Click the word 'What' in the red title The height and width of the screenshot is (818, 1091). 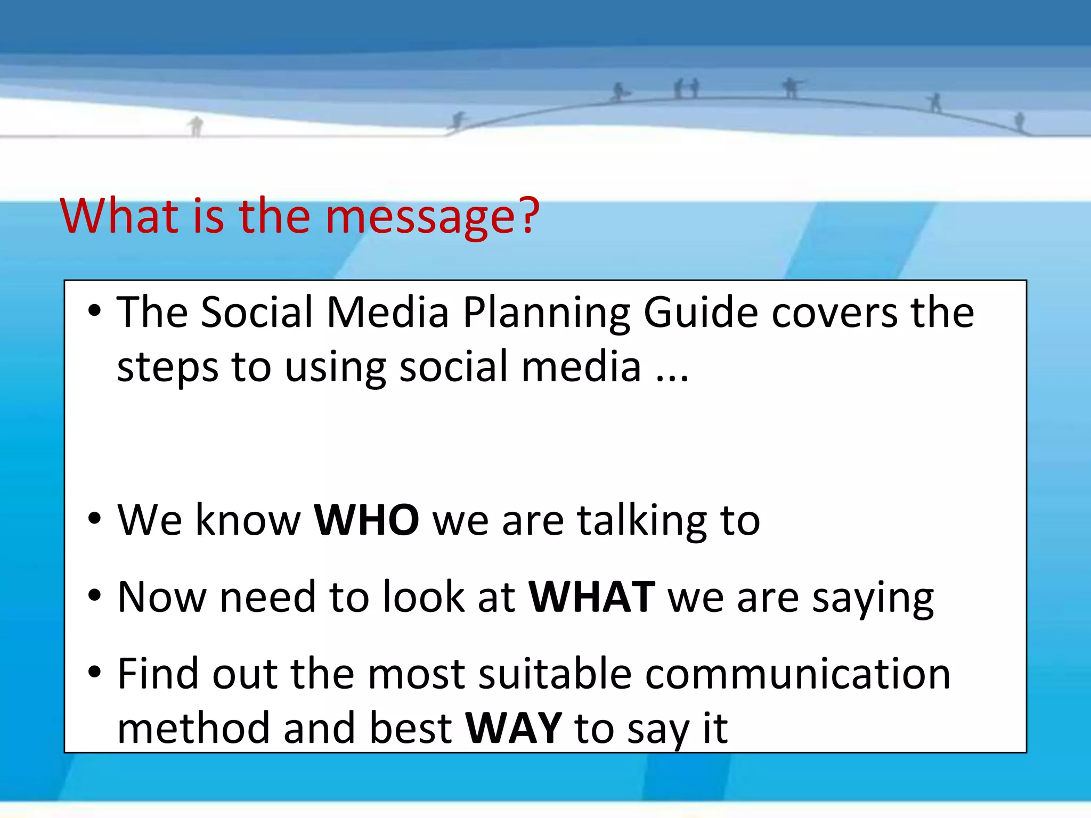pyautogui.click(x=119, y=216)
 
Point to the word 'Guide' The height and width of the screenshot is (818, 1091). pyautogui.click(x=701, y=314)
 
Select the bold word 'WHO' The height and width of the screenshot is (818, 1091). pyautogui.click(x=367, y=520)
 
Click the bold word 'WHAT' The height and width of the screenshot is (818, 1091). pyautogui.click(x=591, y=598)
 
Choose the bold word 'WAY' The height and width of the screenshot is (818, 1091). pyautogui.click(x=513, y=729)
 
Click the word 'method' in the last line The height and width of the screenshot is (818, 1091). pyautogui.click(x=193, y=729)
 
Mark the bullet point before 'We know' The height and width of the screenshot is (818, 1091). pyautogui.click(x=94, y=517)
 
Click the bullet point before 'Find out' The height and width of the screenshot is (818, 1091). pyautogui.click(x=94, y=672)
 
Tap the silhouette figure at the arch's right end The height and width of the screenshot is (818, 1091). pyautogui.click(x=1019, y=121)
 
